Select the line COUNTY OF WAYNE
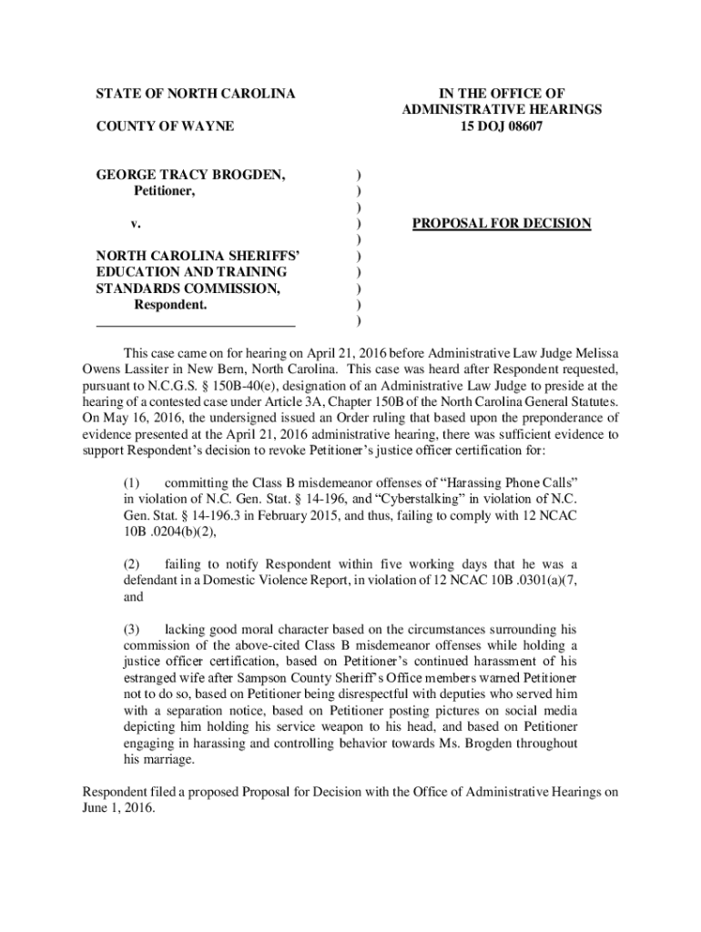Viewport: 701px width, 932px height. pyautogui.click(x=165, y=126)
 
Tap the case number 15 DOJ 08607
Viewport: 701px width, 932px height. pyautogui.click(x=502, y=126)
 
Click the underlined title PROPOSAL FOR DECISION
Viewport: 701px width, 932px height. pyautogui.click(x=502, y=223)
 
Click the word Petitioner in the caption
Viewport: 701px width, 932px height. pyautogui.click(x=164, y=191)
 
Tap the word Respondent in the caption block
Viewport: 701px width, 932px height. pyautogui.click(x=169, y=305)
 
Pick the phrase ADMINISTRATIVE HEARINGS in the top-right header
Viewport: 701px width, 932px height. pyautogui.click(x=502, y=109)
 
